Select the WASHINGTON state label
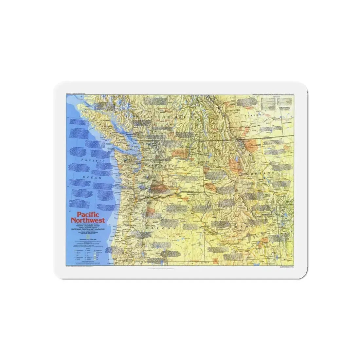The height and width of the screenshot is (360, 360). point(162,166)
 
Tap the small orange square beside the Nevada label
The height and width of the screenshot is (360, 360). point(214,260)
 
